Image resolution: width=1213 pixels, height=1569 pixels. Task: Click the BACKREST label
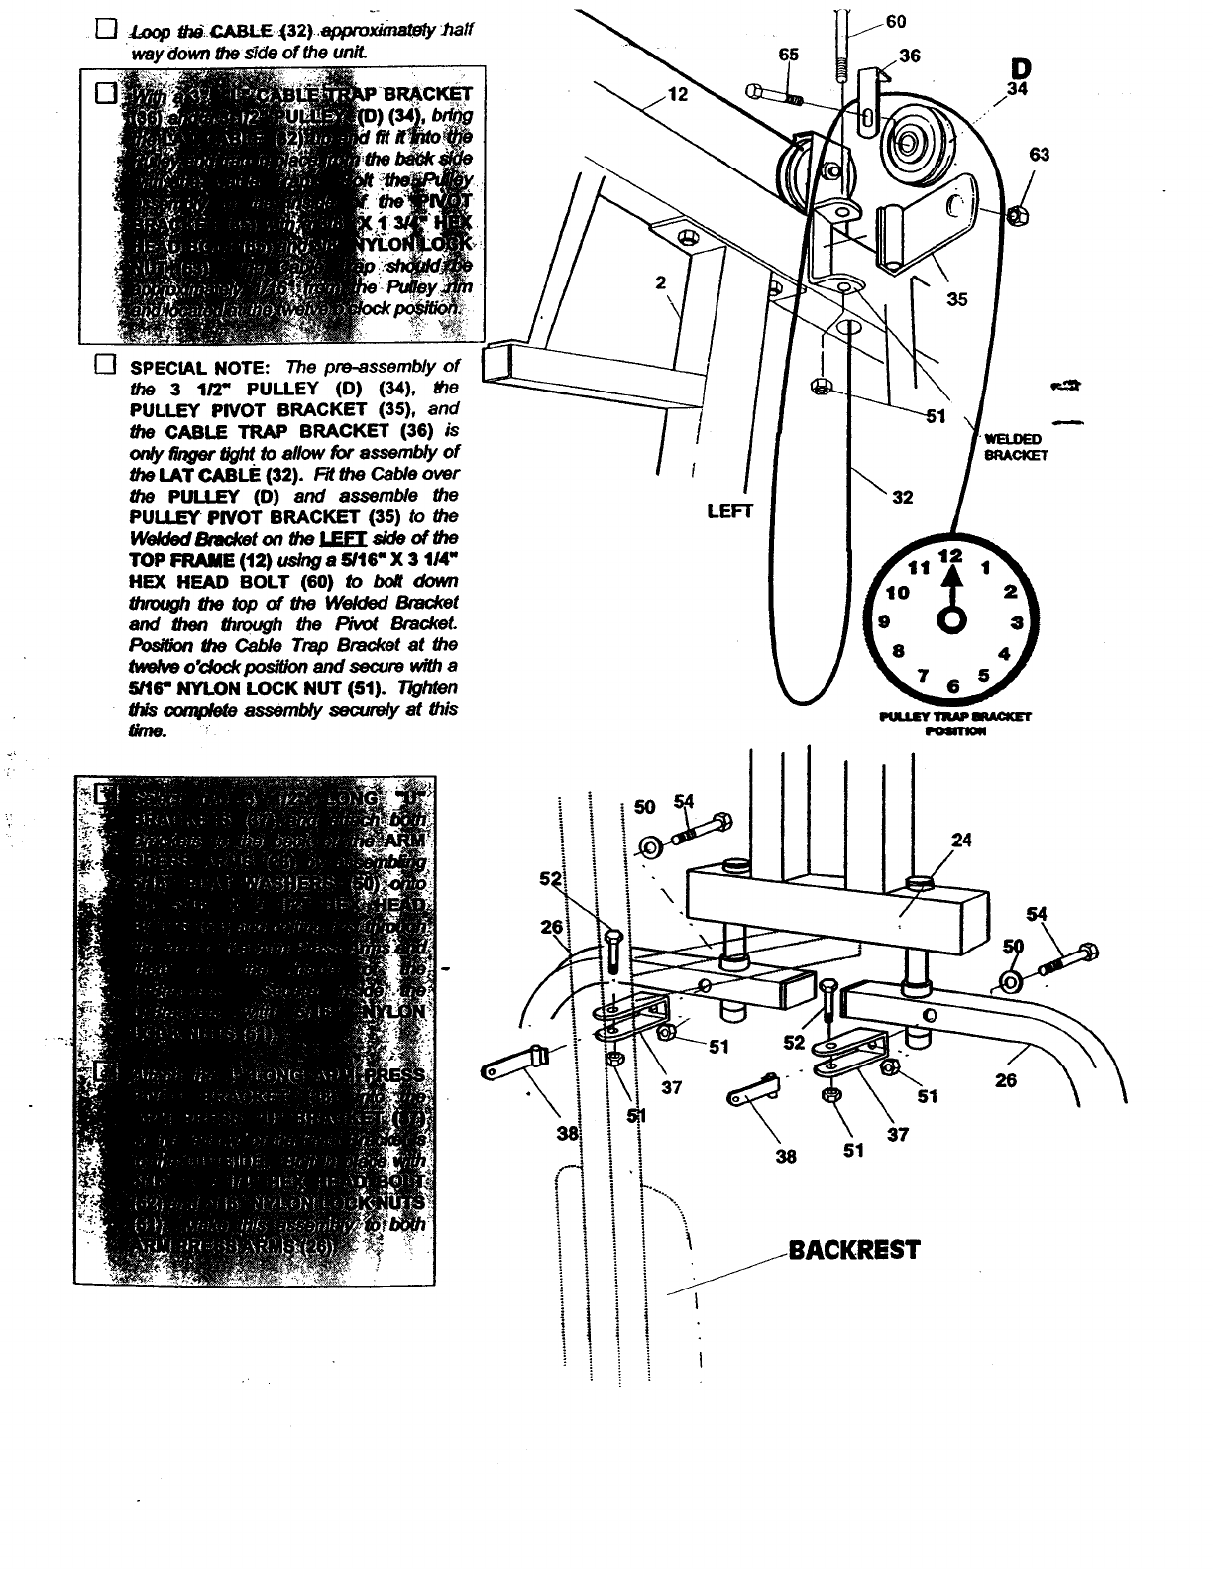point(853,1249)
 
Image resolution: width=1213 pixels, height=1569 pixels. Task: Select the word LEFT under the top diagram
point(730,511)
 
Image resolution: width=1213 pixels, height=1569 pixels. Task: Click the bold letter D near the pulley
point(1021,68)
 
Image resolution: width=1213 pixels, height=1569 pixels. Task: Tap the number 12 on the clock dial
point(950,555)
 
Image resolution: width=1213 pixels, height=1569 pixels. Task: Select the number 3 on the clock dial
point(1017,622)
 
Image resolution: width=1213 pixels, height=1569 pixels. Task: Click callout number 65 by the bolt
point(788,56)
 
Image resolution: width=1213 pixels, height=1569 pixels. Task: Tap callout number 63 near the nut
point(1040,155)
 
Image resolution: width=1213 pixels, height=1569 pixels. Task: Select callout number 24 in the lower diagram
point(961,841)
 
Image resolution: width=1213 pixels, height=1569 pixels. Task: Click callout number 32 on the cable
point(902,498)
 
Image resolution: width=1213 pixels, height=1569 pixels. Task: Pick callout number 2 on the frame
point(661,281)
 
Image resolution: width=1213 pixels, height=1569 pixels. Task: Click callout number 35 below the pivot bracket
point(956,300)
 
